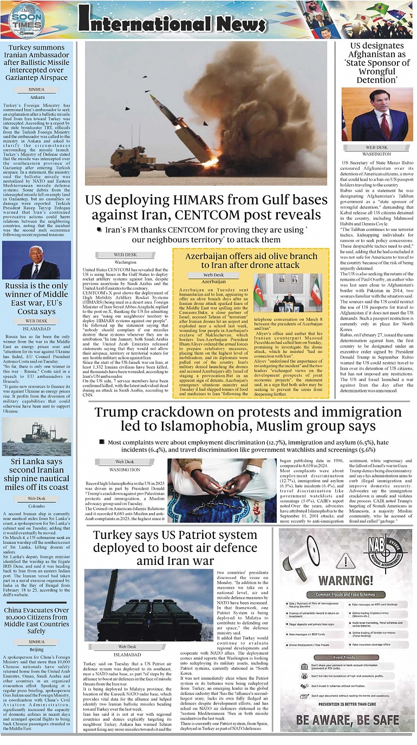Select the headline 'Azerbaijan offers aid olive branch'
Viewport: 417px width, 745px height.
coord(250,260)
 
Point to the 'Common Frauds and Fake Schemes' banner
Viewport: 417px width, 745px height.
coord(345,594)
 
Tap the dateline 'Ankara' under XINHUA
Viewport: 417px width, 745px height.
coord(37,97)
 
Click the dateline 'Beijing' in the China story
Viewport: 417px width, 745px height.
coord(37,649)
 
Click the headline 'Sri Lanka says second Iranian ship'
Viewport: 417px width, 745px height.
coord(37,475)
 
